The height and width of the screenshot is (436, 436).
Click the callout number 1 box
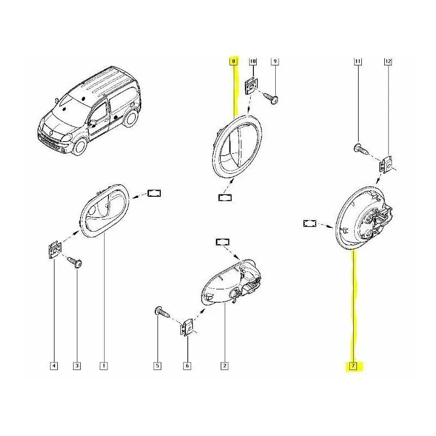pos(103,366)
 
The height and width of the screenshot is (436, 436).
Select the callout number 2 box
pos(224,366)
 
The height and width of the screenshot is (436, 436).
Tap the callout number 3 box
pos(77,366)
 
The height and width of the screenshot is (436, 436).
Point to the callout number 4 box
pos(53,366)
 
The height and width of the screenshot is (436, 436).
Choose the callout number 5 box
pos(157,366)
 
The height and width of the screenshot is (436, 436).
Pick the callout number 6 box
pos(187,366)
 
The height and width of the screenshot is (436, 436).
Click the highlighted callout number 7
pos(353,366)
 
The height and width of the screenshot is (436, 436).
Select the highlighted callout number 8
pos(233,62)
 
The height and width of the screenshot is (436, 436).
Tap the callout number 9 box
pos(275,62)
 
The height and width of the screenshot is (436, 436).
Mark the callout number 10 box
pos(252,62)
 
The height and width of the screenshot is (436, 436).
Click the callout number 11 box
pos(358,62)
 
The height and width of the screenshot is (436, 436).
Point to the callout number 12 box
pos(388,62)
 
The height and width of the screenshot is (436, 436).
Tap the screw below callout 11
pos(360,147)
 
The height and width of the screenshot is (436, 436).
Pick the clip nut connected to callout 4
pos(54,250)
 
